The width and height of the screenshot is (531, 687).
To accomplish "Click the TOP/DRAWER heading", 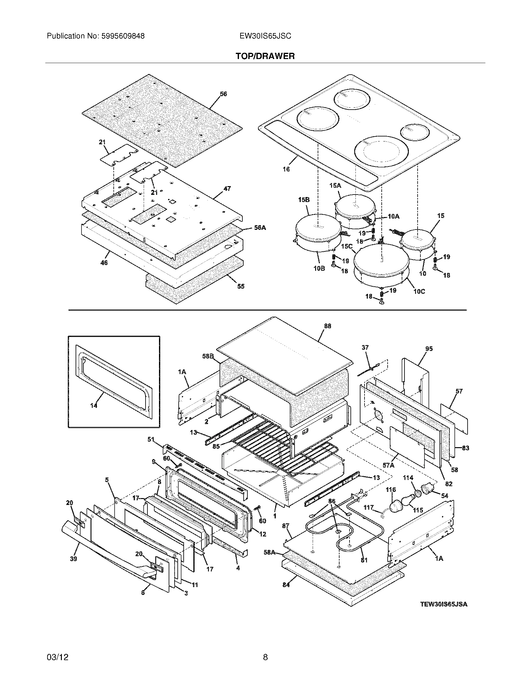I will (265, 56).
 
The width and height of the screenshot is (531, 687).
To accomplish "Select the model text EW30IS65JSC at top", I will (265, 36).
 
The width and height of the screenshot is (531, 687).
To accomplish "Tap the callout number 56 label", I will (223, 94).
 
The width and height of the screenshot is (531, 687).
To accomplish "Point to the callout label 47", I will (227, 189).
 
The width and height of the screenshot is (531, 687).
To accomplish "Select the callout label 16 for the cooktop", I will (286, 169).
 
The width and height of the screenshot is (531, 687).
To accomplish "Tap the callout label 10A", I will (393, 216).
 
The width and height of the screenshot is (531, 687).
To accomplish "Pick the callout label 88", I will (327, 326).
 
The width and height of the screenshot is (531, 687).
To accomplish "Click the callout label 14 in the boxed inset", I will (94, 406).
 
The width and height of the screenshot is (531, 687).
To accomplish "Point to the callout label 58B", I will (208, 356).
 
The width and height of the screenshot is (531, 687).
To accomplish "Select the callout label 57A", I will (388, 465).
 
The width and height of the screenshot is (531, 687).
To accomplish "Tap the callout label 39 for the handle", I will (73, 559).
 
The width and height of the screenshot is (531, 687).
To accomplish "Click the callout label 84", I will (285, 585).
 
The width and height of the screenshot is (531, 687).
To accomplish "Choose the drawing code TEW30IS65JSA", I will (444, 604).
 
